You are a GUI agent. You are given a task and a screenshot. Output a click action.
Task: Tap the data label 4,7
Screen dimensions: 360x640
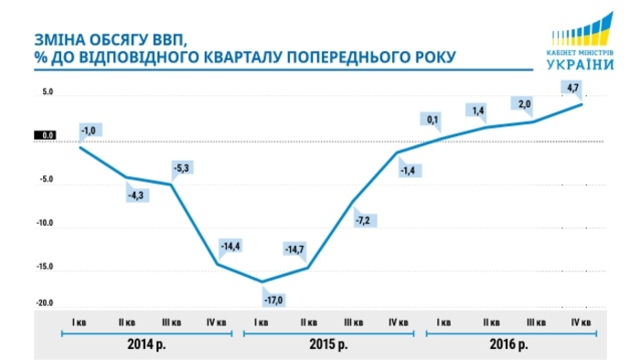tap(573, 88)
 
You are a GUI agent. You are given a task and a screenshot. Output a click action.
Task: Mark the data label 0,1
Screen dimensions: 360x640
tap(432, 119)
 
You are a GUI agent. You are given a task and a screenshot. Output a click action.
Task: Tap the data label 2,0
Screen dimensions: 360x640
tap(524, 104)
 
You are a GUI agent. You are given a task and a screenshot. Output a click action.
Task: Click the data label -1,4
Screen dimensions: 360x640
tap(410, 171)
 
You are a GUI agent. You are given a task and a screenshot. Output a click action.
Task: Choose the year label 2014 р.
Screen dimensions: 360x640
tap(148, 345)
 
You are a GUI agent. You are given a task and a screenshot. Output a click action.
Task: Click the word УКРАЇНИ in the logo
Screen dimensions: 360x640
tap(581, 63)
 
